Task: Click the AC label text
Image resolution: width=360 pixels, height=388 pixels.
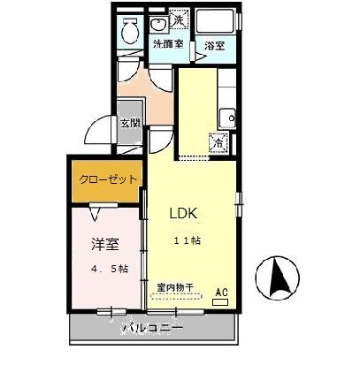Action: click(221, 291)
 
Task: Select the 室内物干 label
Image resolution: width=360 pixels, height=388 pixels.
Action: click(176, 287)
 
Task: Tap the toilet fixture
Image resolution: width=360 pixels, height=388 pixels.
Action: click(130, 34)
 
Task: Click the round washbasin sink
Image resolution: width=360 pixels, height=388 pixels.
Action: click(160, 24)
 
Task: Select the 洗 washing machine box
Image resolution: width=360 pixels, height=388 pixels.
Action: click(180, 20)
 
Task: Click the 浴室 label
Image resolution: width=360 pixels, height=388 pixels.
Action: click(215, 44)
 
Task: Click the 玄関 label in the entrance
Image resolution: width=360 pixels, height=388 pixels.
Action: click(129, 124)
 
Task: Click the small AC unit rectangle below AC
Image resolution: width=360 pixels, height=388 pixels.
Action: click(219, 301)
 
